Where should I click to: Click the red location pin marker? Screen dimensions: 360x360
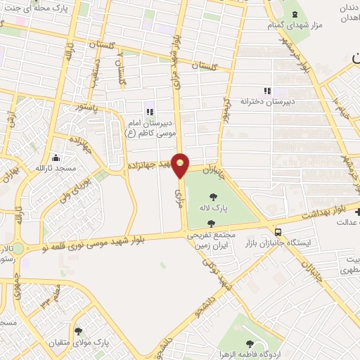[181, 165]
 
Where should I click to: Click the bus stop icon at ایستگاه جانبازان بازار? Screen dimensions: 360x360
[279, 231]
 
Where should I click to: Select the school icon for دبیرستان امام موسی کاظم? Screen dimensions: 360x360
[149, 112]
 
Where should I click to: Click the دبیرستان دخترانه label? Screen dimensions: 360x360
[266, 101]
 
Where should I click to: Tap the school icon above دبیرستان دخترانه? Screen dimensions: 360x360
[266, 91]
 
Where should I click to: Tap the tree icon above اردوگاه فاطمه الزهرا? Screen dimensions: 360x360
[250, 343]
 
